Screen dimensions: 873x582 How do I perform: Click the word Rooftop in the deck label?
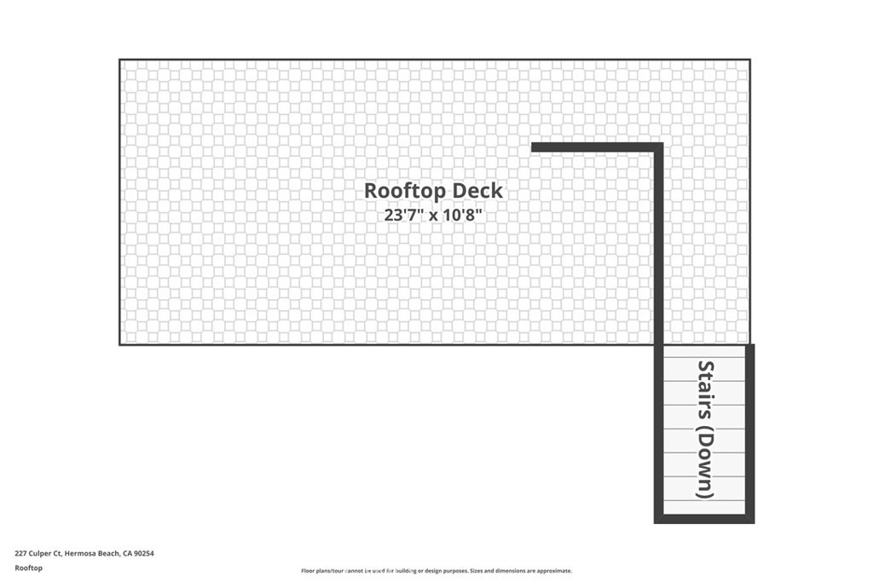pos(405,191)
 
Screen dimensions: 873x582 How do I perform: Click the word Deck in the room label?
pos(477,191)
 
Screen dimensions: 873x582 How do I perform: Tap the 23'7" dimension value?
pos(403,215)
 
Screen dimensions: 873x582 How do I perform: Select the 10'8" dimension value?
pos(461,215)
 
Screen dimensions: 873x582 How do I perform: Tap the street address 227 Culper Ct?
pos(38,554)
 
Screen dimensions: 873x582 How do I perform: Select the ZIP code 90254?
pos(144,554)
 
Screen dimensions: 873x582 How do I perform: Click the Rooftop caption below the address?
pos(28,568)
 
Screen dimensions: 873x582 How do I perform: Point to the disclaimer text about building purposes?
pos(436,571)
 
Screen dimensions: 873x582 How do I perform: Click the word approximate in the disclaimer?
pos(554,571)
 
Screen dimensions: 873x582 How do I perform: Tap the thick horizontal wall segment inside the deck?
pos(597,147)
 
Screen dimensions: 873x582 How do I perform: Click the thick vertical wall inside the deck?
pos(658,245)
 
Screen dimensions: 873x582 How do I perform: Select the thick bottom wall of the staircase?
pos(704,519)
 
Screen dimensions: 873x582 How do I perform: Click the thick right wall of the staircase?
pos(750,434)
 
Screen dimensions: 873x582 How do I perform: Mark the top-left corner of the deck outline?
pos(119,60)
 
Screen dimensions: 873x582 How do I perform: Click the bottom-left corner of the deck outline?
pos(119,345)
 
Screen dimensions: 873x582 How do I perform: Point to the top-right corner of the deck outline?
pos(750,60)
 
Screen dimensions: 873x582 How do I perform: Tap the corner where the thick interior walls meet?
pos(658,147)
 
